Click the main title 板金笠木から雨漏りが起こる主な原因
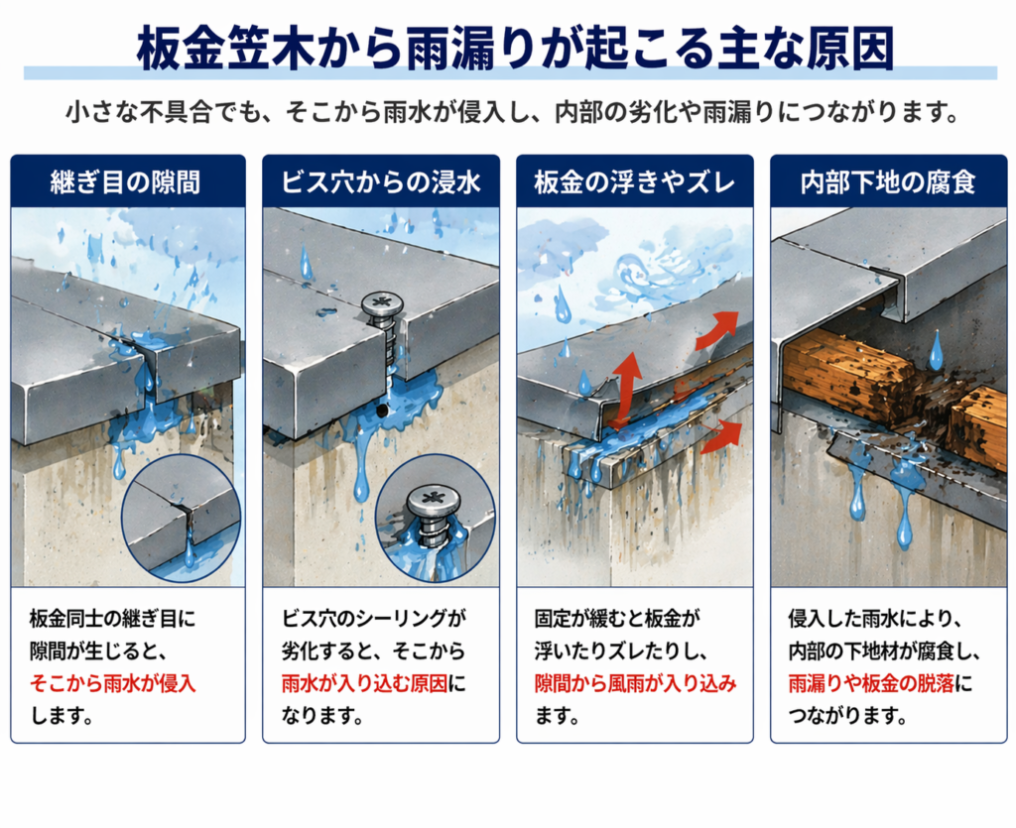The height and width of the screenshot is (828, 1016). (x=515, y=49)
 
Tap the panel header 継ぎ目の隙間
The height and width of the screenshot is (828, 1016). (x=125, y=182)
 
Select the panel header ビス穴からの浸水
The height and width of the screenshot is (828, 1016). (x=381, y=182)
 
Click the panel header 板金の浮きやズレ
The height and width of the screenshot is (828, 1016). (x=635, y=182)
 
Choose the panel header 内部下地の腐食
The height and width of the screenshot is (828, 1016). (x=888, y=182)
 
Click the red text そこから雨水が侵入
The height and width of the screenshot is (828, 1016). (x=113, y=683)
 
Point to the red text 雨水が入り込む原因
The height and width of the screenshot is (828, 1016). (x=365, y=683)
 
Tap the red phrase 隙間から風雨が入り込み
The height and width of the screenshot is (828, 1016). (x=636, y=683)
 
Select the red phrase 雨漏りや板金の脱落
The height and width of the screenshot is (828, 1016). (x=871, y=683)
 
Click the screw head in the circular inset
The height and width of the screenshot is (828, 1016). (x=434, y=502)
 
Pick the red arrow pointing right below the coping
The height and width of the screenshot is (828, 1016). (x=722, y=435)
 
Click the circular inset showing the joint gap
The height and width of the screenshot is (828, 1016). (x=181, y=518)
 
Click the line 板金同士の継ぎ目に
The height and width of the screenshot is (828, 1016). (x=113, y=619)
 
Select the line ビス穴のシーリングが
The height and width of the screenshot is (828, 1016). (x=374, y=619)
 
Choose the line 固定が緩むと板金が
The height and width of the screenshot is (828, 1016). (x=617, y=619)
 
